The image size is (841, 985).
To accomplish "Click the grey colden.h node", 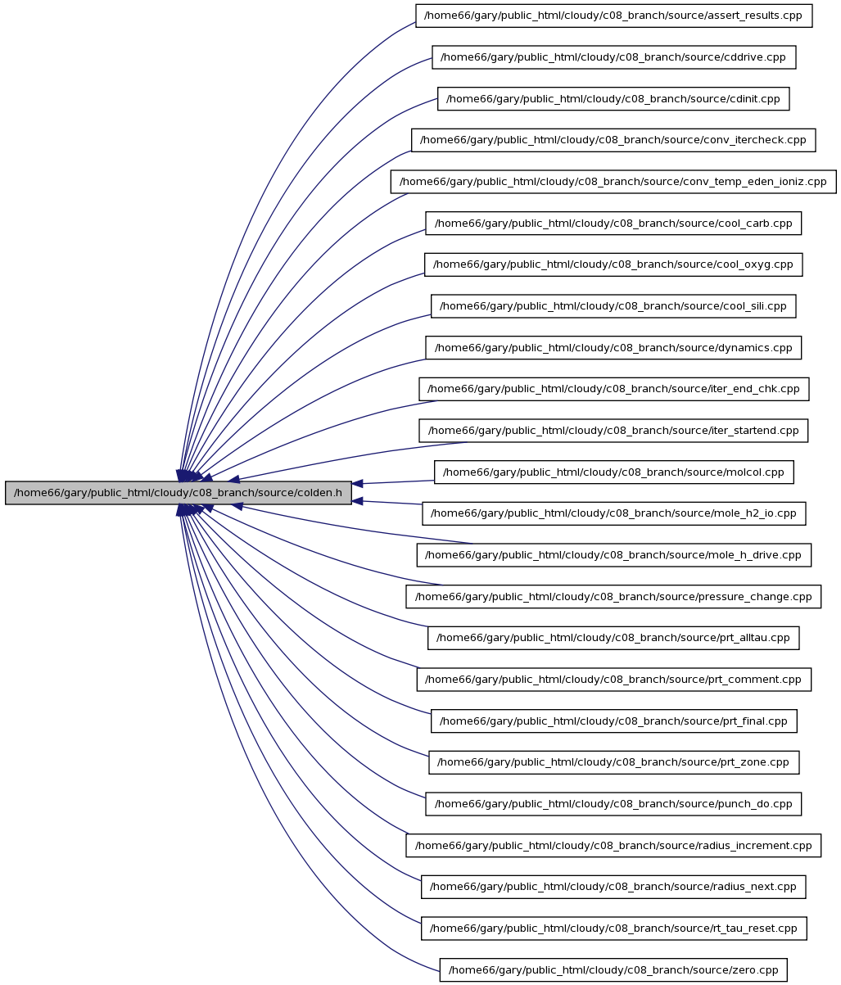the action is (x=179, y=492).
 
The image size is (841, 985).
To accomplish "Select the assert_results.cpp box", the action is (x=613, y=16).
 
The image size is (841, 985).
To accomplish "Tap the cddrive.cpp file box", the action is (x=613, y=57).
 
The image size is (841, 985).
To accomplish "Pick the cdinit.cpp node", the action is (x=613, y=98).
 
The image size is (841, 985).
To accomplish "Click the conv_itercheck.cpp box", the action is (x=613, y=140).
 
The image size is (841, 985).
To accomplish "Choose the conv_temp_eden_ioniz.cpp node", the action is (x=613, y=182).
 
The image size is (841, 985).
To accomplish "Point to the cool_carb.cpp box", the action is (x=613, y=223).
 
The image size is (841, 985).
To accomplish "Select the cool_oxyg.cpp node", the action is (x=613, y=264).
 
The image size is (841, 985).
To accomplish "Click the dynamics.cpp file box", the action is (x=613, y=347).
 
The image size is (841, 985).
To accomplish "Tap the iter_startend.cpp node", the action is (x=613, y=431).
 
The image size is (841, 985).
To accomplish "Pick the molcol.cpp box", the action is (x=613, y=472).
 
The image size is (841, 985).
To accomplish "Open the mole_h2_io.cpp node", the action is (x=613, y=513).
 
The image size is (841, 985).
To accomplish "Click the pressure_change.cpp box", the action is (x=613, y=596).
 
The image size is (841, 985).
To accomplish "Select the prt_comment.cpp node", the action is (x=613, y=679).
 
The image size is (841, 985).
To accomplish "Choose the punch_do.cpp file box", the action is (x=613, y=803).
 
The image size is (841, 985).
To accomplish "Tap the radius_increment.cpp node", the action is (x=613, y=845).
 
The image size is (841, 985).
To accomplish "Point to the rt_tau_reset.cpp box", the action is (x=613, y=928).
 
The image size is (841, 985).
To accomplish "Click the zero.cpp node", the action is (x=613, y=969).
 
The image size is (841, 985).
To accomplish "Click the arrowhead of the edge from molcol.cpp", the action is (x=357, y=484).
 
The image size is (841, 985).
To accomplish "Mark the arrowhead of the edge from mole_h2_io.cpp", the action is (x=357, y=501).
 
